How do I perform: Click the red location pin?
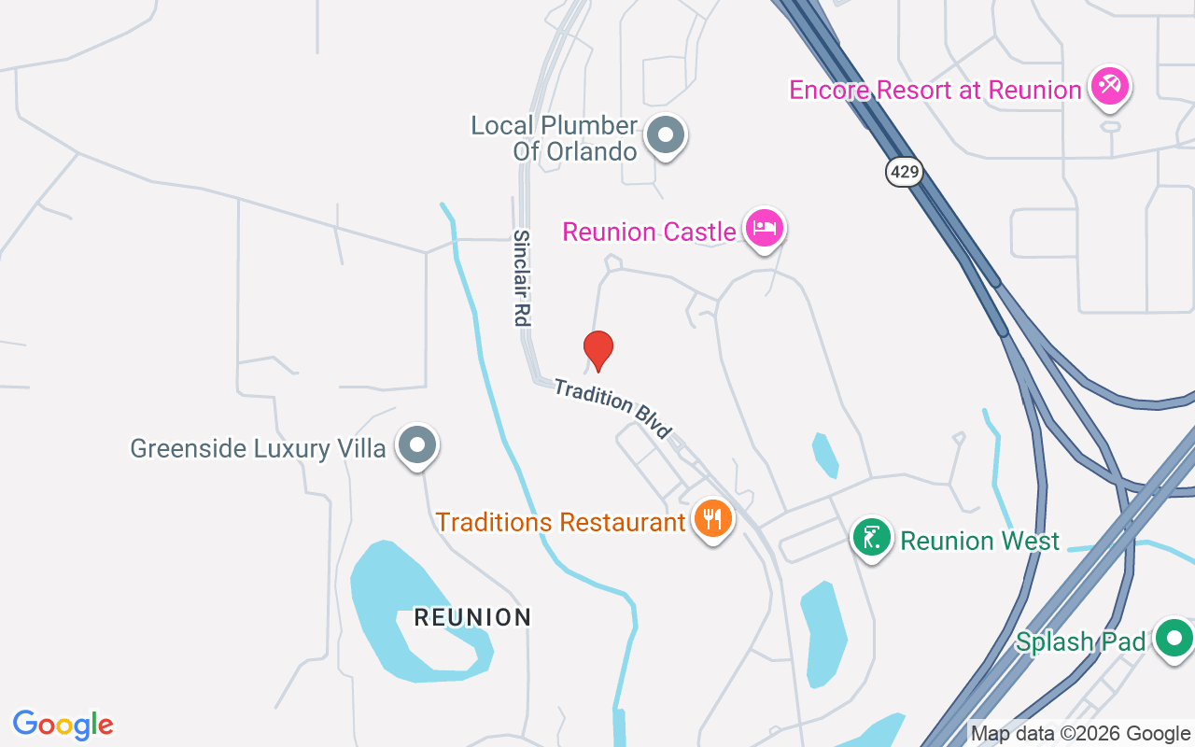pos(598,350)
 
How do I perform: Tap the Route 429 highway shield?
pos(905,171)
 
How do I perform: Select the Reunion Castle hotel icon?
pos(765,228)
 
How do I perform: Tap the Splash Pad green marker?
pos(1173,640)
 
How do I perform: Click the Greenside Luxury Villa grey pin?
pos(417,445)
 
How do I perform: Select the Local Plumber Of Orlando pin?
pos(666,135)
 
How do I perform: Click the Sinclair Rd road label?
pos(521,278)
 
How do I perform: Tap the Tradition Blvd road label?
pos(612,408)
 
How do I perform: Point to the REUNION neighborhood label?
pos(472,617)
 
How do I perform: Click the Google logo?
pos(63,725)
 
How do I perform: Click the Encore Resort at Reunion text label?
pos(935,91)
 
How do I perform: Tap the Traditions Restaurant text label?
pos(561,522)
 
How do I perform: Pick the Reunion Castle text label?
pos(649,232)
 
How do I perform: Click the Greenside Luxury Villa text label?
pos(258,449)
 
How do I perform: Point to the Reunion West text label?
pos(980,541)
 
